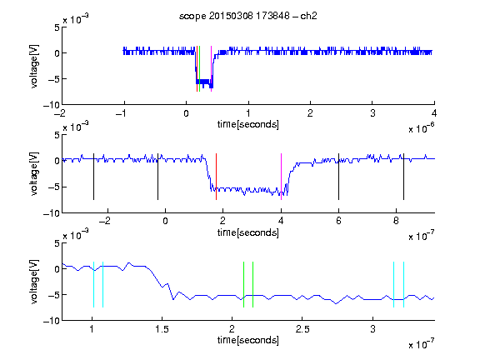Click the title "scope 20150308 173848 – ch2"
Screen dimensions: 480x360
pyautogui.click(x=248, y=16)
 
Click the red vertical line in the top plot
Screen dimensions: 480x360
pyautogui.click(x=197, y=69)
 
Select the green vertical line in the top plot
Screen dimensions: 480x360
pyautogui.click(x=200, y=69)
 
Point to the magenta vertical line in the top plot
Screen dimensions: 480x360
pyautogui.click(x=211, y=69)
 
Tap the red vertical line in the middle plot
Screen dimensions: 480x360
pyautogui.click(x=216, y=177)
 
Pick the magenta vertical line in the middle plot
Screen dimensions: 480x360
pyautogui.click(x=281, y=177)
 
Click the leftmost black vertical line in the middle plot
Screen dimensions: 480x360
pyautogui.click(x=93, y=177)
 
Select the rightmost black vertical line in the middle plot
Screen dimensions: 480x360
pyautogui.click(x=403, y=177)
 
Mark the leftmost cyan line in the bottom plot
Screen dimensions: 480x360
pyautogui.click(x=93, y=284)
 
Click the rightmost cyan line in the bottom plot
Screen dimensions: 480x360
pyautogui.click(x=403, y=284)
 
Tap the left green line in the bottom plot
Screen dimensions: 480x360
pyautogui.click(x=243, y=284)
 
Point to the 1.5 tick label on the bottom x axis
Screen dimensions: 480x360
pyautogui.click(x=162, y=329)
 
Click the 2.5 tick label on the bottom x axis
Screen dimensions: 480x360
pyautogui.click(x=302, y=329)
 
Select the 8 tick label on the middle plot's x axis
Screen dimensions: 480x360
pyautogui.click(x=396, y=221)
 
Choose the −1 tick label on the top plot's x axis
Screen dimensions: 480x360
pyautogui.click(x=121, y=113)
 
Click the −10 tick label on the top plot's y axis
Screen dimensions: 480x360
pyautogui.click(x=52, y=105)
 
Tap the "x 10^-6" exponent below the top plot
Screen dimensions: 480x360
pyautogui.click(x=422, y=128)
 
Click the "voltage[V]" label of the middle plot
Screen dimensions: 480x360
pyautogui.click(x=34, y=173)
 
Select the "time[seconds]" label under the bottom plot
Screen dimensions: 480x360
pyautogui.click(x=248, y=340)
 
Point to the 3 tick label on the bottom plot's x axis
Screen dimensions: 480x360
pyautogui.click(x=372, y=329)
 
